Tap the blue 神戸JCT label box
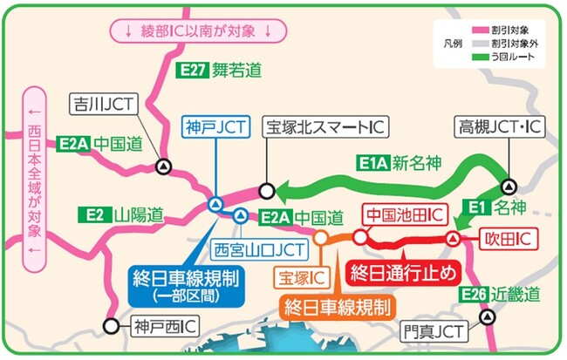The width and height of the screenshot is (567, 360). point(213,127)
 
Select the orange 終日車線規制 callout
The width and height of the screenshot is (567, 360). point(337,306)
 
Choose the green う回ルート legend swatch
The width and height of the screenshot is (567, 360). point(472,57)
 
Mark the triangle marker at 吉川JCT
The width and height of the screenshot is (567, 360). point(162,166)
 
